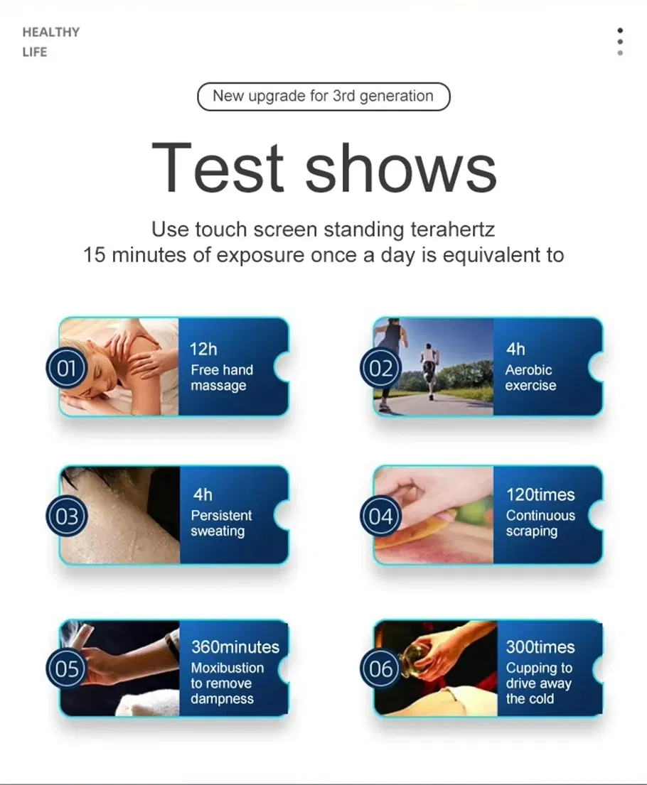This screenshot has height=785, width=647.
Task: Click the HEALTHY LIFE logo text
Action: click(51, 42)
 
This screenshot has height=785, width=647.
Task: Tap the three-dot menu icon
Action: click(620, 41)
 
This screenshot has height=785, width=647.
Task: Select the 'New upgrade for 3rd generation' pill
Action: click(323, 97)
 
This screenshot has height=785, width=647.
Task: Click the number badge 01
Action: click(66, 369)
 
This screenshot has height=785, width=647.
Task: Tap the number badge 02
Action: click(381, 369)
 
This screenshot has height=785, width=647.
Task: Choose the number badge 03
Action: click(66, 516)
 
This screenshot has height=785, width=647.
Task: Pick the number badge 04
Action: click(381, 516)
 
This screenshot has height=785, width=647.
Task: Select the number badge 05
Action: click(66, 668)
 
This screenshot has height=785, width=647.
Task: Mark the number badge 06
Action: click(381, 668)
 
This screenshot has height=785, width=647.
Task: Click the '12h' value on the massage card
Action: click(203, 350)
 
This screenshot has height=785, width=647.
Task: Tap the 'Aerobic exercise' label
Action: click(530, 378)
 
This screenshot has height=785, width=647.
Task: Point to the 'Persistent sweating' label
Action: click(221, 524)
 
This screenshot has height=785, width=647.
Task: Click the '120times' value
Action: click(540, 495)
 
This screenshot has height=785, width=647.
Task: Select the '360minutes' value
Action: click(235, 647)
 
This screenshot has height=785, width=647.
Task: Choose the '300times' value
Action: click(540, 647)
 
